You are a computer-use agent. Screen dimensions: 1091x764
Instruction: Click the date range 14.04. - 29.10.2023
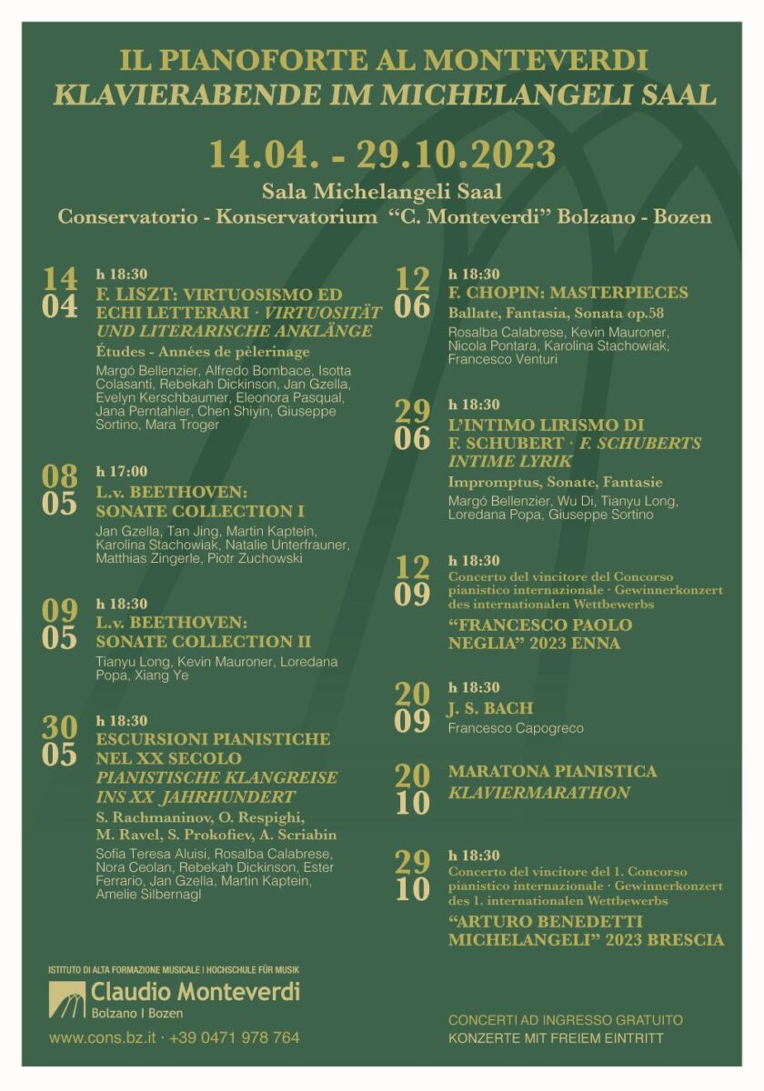[x=382, y=153]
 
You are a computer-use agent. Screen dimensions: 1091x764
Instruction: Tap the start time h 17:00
[x=121, y=471]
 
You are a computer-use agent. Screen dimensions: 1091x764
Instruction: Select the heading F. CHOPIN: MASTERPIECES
[x=568, y=294]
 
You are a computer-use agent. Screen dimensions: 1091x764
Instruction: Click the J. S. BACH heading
[x=490, y=707]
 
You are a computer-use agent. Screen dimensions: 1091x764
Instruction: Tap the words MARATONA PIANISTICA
[x=552, y=771]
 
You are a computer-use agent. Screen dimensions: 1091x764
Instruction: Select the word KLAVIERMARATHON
[x=538, y=793]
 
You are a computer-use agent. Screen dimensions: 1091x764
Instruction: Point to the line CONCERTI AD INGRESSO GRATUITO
[x=565, y=1020]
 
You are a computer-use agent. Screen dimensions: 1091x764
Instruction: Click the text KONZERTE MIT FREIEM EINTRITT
[x=555, y=1038]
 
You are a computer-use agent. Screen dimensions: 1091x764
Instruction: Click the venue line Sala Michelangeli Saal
[x=382, y=191]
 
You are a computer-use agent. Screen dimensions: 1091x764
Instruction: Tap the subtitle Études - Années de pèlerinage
[x=202, y=352]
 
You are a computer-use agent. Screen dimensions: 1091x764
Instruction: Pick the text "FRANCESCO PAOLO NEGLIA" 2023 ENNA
[x=539, y=634]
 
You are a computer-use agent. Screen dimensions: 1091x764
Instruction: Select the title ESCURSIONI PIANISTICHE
[x=213, y=739]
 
